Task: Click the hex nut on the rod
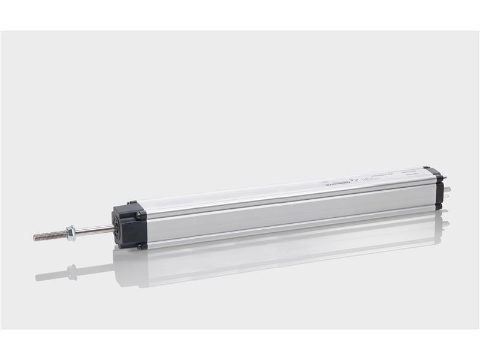[71, 233]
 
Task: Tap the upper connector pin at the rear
[448, 179]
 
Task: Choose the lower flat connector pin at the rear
[448, 193]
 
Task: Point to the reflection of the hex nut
[73, 272]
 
